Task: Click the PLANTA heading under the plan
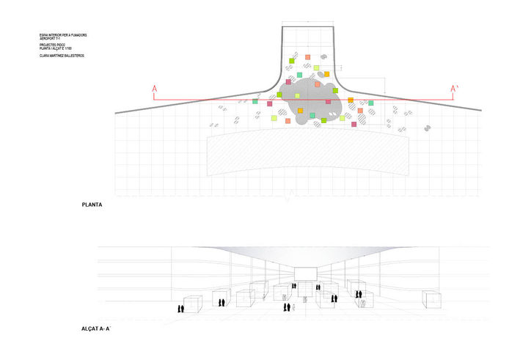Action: (x=92, y=205)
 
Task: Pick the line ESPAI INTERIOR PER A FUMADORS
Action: (x=64, y=34)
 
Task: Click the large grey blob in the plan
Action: (x=310, y=103)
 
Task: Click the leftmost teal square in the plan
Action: (x=255, y=101)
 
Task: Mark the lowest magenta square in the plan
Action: (x=354, y=124)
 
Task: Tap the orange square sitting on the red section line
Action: (x=351, y=100)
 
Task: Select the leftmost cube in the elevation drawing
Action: (x=193, y=303)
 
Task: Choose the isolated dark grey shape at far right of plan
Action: (x=427, y=128)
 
